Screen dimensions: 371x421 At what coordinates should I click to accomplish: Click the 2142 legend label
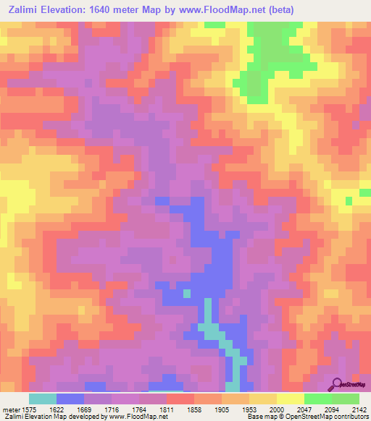tap(358, 409)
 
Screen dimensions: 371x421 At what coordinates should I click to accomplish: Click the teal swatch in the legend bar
tap(43, 399)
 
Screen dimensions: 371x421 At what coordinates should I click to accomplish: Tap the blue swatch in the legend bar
tap(70, 399)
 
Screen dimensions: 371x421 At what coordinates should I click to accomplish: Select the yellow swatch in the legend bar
tap(290, 399)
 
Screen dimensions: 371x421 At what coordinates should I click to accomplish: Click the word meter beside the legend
tap(9, 409)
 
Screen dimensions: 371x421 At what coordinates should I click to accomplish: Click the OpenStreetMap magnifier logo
tap(338, 385)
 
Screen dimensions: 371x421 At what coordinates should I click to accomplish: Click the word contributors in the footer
tap(351, 417)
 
